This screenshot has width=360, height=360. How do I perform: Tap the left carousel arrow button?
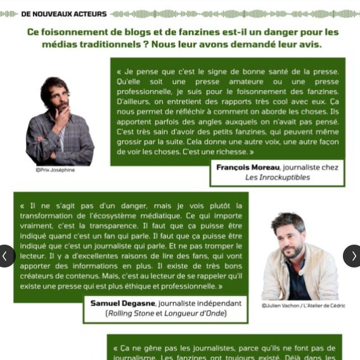[5, 256]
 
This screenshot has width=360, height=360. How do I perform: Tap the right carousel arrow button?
[353, 256]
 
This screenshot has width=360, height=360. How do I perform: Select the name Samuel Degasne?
[123, 303]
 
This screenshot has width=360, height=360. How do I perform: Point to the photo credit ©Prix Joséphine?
[55, 170]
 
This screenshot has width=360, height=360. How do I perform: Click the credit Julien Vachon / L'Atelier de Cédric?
[304, 305]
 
